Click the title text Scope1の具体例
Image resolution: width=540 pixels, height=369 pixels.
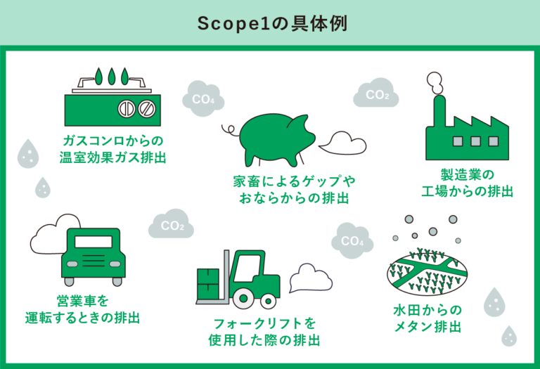(x=271, y=22)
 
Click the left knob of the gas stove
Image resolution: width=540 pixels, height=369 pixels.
(x=126, y=109)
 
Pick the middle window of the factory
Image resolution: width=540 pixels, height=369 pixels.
(x=475, y=140)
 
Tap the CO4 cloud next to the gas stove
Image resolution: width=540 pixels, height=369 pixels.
(x=202, y=98)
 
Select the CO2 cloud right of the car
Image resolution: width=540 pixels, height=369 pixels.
(x=172, y=226)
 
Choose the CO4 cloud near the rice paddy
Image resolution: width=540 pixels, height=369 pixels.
(x=352, y=241)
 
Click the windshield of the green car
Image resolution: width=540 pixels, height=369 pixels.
(x=93, y=242)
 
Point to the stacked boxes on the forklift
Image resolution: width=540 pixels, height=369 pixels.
(x=208, y=285)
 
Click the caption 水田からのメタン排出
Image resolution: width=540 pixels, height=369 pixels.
(x=427, y=318)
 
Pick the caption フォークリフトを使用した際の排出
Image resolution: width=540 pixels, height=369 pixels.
(x=264, y=332)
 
